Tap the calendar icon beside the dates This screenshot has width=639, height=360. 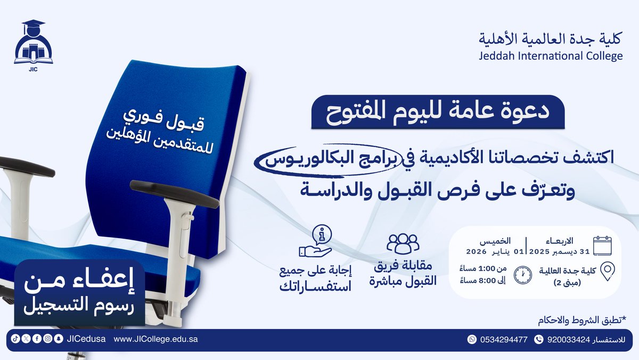click(602, 246)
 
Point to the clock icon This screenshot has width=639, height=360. click(522, 274)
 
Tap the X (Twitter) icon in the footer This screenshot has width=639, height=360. click(26, 339)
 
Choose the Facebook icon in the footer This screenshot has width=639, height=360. click(36, 339)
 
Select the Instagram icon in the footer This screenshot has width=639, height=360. click(47, 339)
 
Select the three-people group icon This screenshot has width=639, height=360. click(403, 243)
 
